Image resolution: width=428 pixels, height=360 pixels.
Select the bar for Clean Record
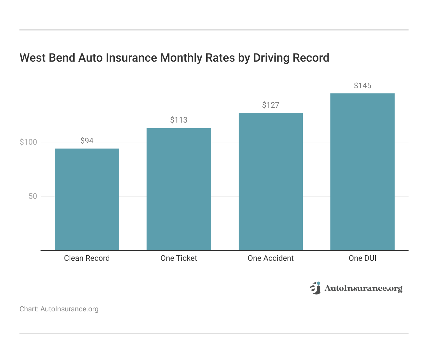click(x=87, y=199)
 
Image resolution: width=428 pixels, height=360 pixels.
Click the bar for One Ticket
click(x=179, y=189)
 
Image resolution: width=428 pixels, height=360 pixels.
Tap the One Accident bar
click(x=270, y=181)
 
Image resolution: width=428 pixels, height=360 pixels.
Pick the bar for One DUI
click(x=362, y=172)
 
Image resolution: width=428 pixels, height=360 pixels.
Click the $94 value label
click(x=87, y=141)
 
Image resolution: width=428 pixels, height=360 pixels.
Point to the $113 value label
click(x=179, y=120)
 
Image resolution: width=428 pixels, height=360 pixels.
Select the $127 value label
click(x=270, y=105)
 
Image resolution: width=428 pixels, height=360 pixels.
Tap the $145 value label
click(x=362, y=86)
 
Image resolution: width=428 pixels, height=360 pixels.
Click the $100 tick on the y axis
click(x=29, y=142)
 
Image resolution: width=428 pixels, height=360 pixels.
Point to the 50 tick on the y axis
click(x=33, y=196)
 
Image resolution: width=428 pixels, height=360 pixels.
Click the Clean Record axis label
click(x=87, y=258)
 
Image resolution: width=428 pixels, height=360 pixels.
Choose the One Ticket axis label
click(x=179, y=258)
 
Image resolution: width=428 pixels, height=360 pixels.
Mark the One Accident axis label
click(x=270, y=258)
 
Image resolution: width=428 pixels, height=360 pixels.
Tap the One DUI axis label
click(x=362, y=258)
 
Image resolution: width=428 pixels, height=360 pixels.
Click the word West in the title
click(x=33, y=58)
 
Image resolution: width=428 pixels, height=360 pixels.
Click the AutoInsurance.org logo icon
click(x=315, y=288)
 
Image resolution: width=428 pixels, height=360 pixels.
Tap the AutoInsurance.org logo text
click(x=363, y=288)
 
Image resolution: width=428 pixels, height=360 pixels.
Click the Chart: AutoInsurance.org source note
click(x=59, y=309)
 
